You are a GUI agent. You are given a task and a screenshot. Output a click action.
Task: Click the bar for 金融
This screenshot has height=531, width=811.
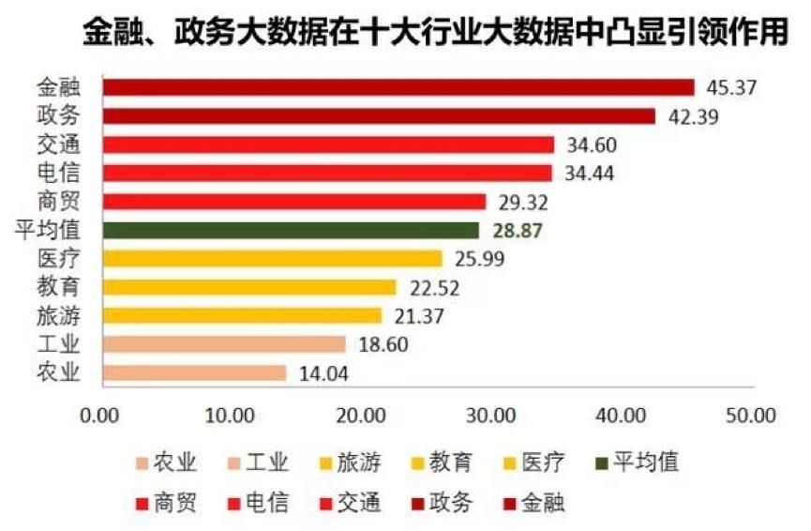coord(398,87)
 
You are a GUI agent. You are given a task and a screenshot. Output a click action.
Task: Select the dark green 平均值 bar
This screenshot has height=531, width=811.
coord(291,230)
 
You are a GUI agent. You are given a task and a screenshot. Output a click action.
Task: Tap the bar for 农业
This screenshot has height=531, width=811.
coord(194,372)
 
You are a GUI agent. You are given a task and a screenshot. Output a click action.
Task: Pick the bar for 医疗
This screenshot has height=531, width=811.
coord(272,258)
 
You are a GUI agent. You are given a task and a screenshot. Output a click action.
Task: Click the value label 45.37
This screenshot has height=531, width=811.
coord(730,87)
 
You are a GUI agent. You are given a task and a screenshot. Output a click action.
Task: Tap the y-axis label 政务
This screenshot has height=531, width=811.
coord(59,116)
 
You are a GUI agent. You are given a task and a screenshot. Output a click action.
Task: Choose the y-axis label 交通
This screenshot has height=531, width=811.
coord(59,144)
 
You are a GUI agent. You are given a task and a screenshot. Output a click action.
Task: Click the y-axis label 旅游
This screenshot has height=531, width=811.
coord(59,315)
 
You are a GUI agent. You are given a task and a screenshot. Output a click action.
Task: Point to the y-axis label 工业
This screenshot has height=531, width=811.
coord(59,344)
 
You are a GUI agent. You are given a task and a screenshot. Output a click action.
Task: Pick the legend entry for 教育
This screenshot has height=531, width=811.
coord(441,462)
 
